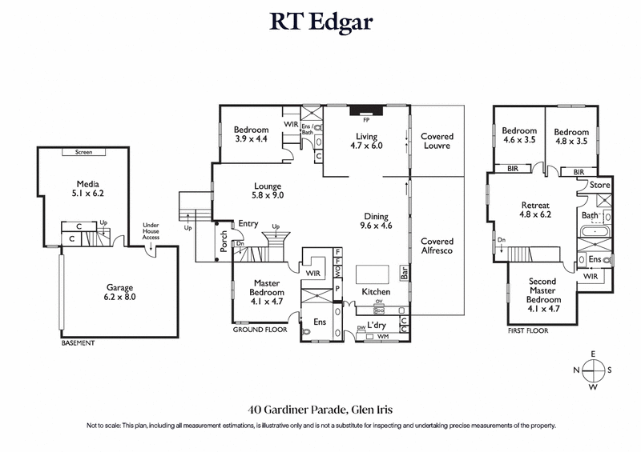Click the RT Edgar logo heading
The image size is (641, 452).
click(x=320, y=22)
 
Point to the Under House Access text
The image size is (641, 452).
click(x=151, y=231)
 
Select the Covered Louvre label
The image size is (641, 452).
click(x=437, y=142)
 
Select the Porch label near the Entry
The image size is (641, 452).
click(x=224, y=243)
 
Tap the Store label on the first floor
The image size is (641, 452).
click(x=600, y=186)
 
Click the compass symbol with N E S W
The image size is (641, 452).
click(x=593, y=370)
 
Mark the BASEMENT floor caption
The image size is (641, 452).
click(x=78, y=343)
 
